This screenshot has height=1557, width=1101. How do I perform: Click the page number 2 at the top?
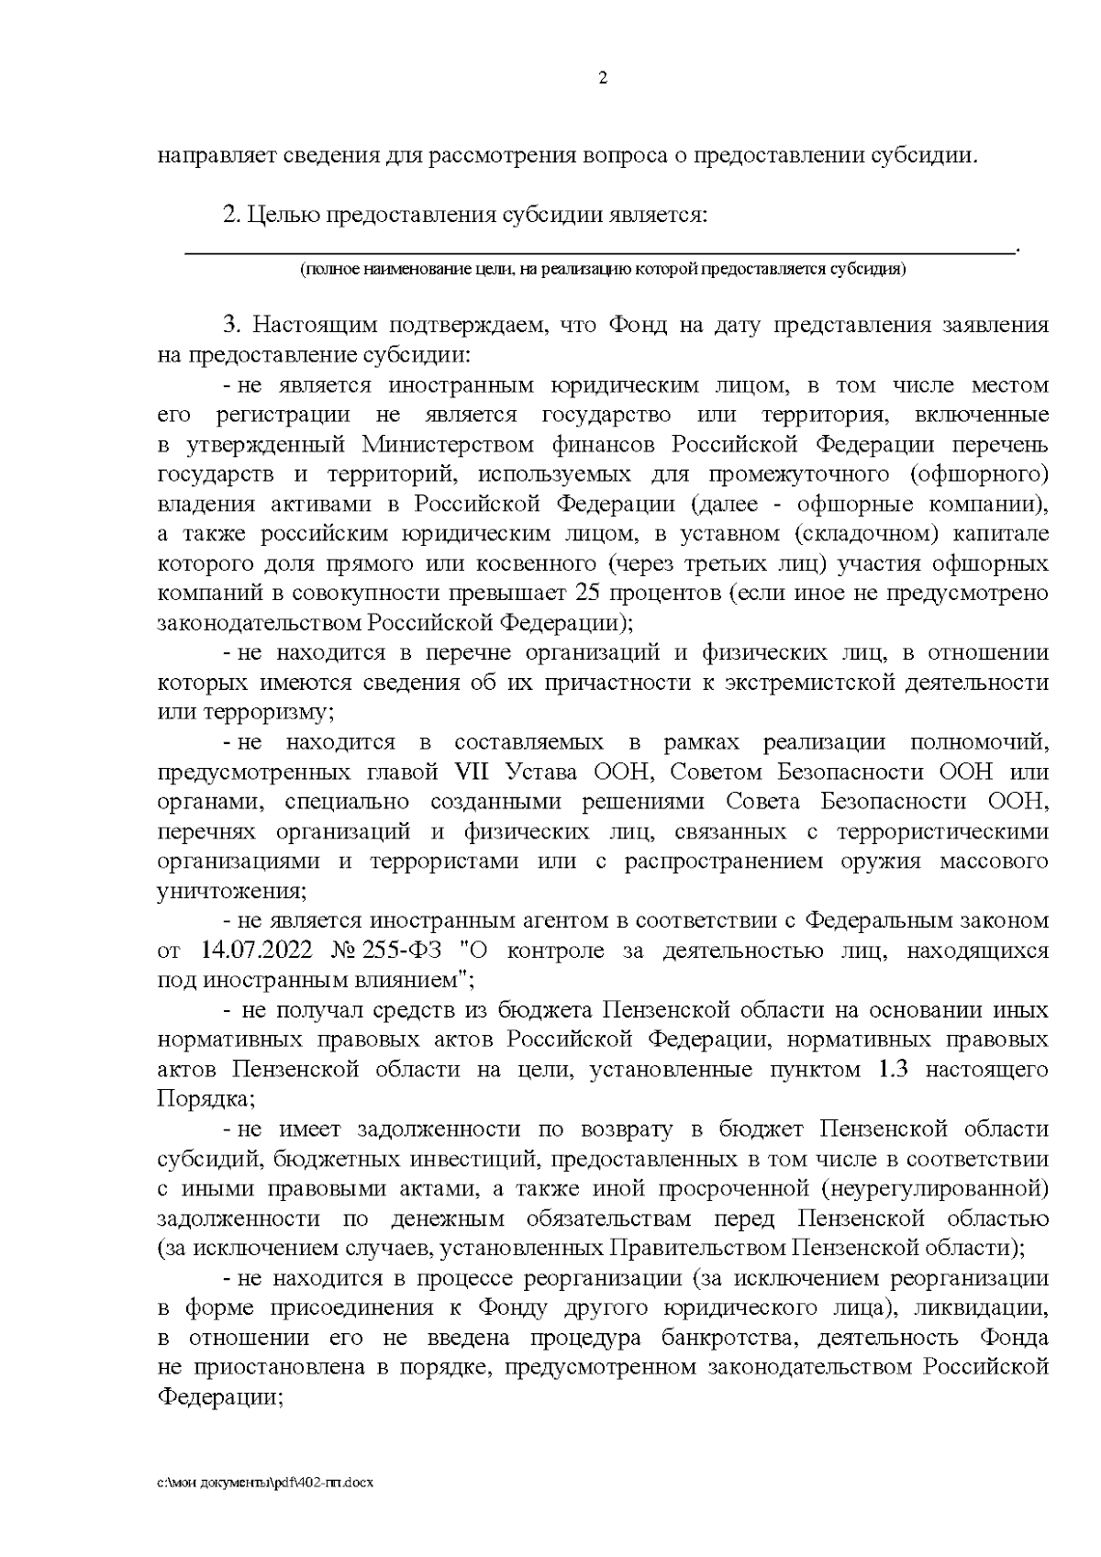[602, 78]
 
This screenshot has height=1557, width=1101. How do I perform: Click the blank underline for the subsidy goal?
[601, 248]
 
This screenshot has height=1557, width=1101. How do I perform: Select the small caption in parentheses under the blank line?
[601, 270]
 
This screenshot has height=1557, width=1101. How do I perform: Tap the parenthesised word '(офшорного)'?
[977, 474]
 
